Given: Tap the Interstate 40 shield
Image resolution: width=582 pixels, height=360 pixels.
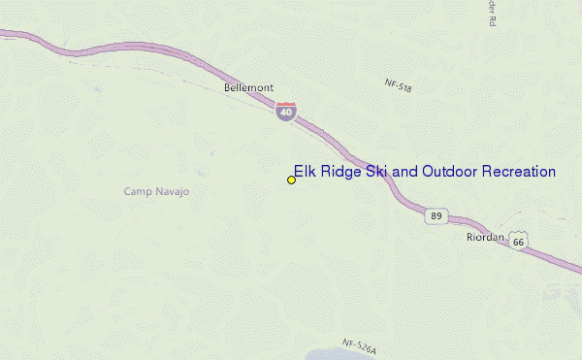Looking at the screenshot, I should click(x=285, y=111).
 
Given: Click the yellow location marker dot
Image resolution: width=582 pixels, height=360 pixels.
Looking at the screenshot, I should click(x=291, y=180).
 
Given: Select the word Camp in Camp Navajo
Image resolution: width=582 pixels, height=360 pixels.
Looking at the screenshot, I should click(x=139, y=191).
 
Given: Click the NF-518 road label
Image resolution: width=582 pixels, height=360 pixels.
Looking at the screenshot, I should click(x=398, y=87).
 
